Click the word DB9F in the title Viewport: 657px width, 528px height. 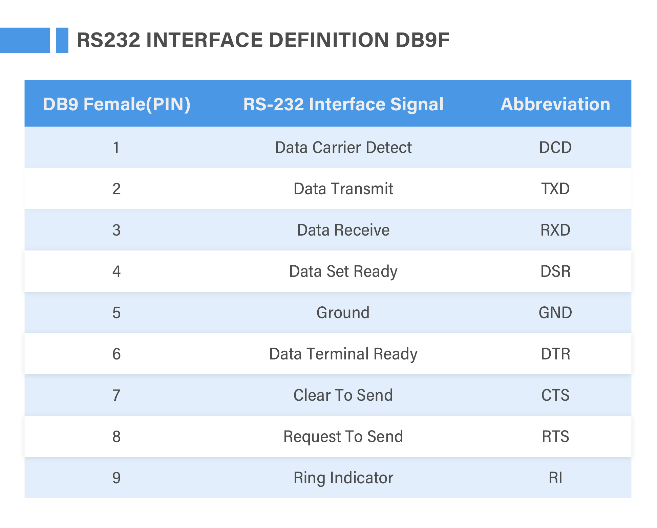(422, 40)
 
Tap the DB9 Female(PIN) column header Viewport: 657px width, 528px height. (116, 104)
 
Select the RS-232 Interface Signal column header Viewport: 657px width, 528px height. (343, 104)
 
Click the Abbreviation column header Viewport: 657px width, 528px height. (555, 104)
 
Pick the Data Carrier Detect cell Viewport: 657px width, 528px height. (343, 147)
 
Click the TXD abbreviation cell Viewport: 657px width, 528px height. (555, 189)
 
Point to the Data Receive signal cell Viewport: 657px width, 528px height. (343, 230)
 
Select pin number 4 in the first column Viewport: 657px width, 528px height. (116, 271)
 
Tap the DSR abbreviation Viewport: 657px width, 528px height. (555, 271)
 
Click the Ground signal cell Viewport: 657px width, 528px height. (343, 312)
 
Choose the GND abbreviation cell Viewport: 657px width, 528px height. (555, 312)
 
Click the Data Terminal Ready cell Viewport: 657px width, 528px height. (343, 354)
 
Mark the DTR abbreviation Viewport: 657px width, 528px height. (555, 354)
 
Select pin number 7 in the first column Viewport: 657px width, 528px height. (116, 395)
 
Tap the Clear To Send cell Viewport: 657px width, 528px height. (343, 395)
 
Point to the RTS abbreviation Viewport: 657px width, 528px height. (555, 436)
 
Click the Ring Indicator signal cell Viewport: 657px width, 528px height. (343, 478)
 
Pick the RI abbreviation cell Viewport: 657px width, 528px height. (555, 478)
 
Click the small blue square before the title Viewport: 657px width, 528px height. (62, 40)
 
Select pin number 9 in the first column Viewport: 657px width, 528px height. (116, 478)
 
